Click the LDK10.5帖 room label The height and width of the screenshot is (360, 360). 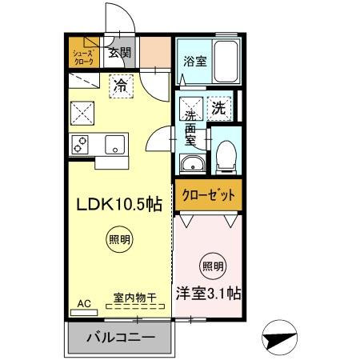pyautogui.click(x=119, y=204)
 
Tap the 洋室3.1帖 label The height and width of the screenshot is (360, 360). pyautogui.click(x=208, y=294)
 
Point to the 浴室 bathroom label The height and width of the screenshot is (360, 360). pyautogui.click(x=191, y=59)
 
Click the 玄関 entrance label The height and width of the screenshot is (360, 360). pyautogui.click(x=120, y=54)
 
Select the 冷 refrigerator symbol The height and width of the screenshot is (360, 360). pyautogui.click(x=119, y=82)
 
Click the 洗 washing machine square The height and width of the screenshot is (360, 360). pyautogui.click(x=218, y=106)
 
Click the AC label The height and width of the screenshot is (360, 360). pyautogui.click(x=84, y=303)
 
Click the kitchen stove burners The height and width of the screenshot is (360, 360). pyautogui.click(x=81, y=144)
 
